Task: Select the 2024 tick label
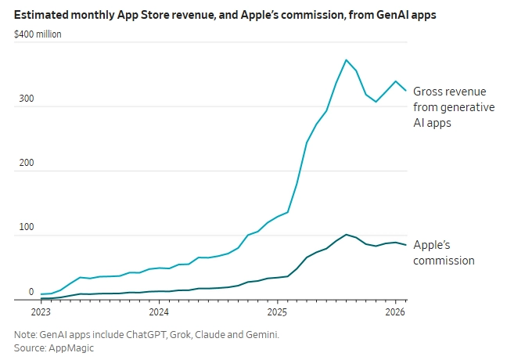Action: [x=160, y=311]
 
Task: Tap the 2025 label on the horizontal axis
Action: [x=278, y=311]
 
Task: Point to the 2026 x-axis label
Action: [x=396, y=311]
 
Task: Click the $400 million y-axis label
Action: [x=38, y=34]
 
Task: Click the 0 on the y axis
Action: [x=31, y=292]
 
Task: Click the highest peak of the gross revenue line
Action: [x=347, y=59]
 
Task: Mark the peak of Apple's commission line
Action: [x=347, y=234]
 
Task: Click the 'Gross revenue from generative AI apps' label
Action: [x=454, y=106]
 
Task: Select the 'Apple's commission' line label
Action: [x=444, y=252]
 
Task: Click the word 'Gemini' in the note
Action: [x=261, y=334]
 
